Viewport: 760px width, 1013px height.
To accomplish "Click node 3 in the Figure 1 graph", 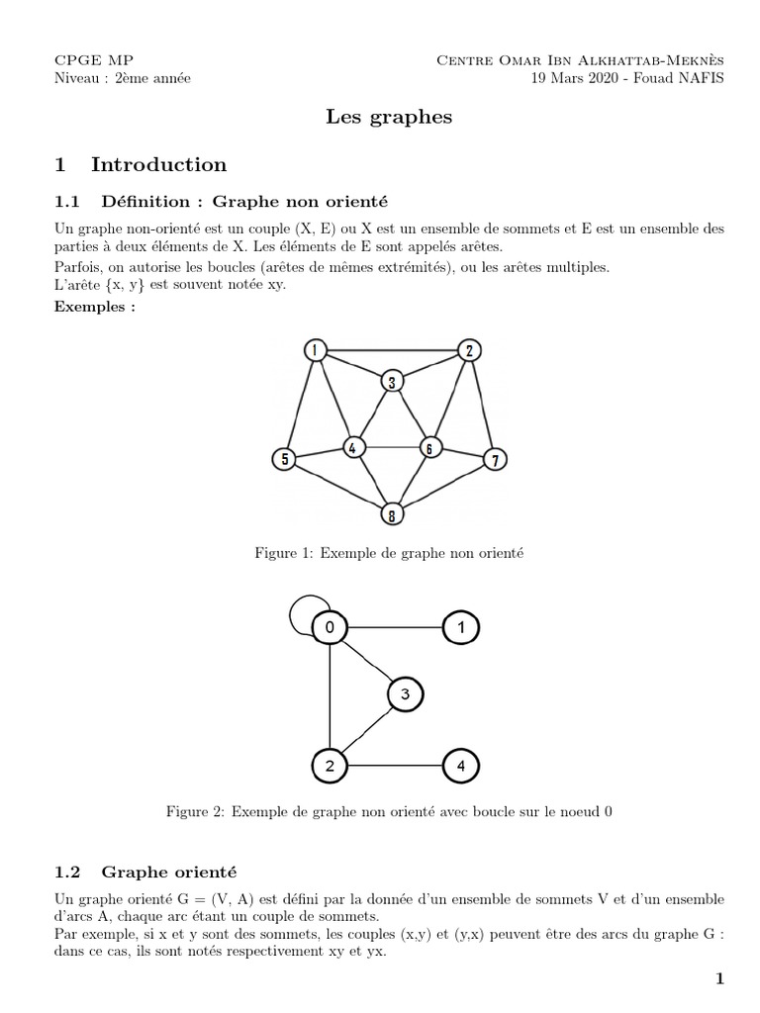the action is pyautogui.click(x=393, y=382).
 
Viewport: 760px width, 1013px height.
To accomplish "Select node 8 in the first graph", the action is pyautogui.click(x=393, y=513).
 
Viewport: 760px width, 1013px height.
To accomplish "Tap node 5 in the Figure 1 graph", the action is pyautogui.click(x=285, y=458).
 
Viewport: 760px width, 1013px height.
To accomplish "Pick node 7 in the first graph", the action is pyautogui.click(x=496, y=458).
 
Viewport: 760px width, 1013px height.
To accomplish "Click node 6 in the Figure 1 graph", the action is pyautogui.click(x=429, y=447).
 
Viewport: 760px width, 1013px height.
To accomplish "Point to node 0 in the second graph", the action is pyautogui.click(x=330, y=627).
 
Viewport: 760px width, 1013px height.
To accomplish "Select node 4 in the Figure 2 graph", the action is pyautogui.click(x=460, y=765).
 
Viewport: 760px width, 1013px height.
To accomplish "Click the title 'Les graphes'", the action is pyautogui.click(x=389, y=117).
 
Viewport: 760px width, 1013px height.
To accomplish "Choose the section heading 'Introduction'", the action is pyautogui.click(x=158, y=164).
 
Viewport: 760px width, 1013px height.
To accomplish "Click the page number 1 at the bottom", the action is pyautogui.click(x=719, y=979).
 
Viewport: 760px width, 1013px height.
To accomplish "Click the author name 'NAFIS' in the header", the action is pyautogui.click(x=698, y=78).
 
